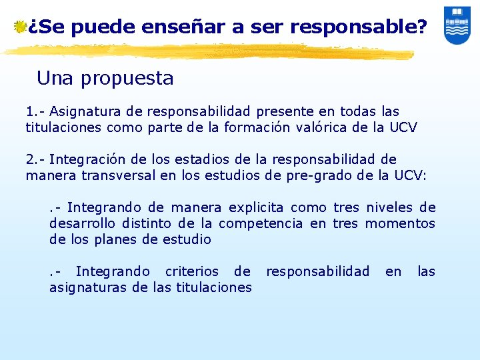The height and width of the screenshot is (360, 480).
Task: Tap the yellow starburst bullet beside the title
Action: [x=21, y=27]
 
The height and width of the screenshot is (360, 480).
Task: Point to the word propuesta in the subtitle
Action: [x=127, y=79]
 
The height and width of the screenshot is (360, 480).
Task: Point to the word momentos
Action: [x=400, y=223]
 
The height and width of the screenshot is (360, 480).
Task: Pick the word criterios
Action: [x=192, y=271]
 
